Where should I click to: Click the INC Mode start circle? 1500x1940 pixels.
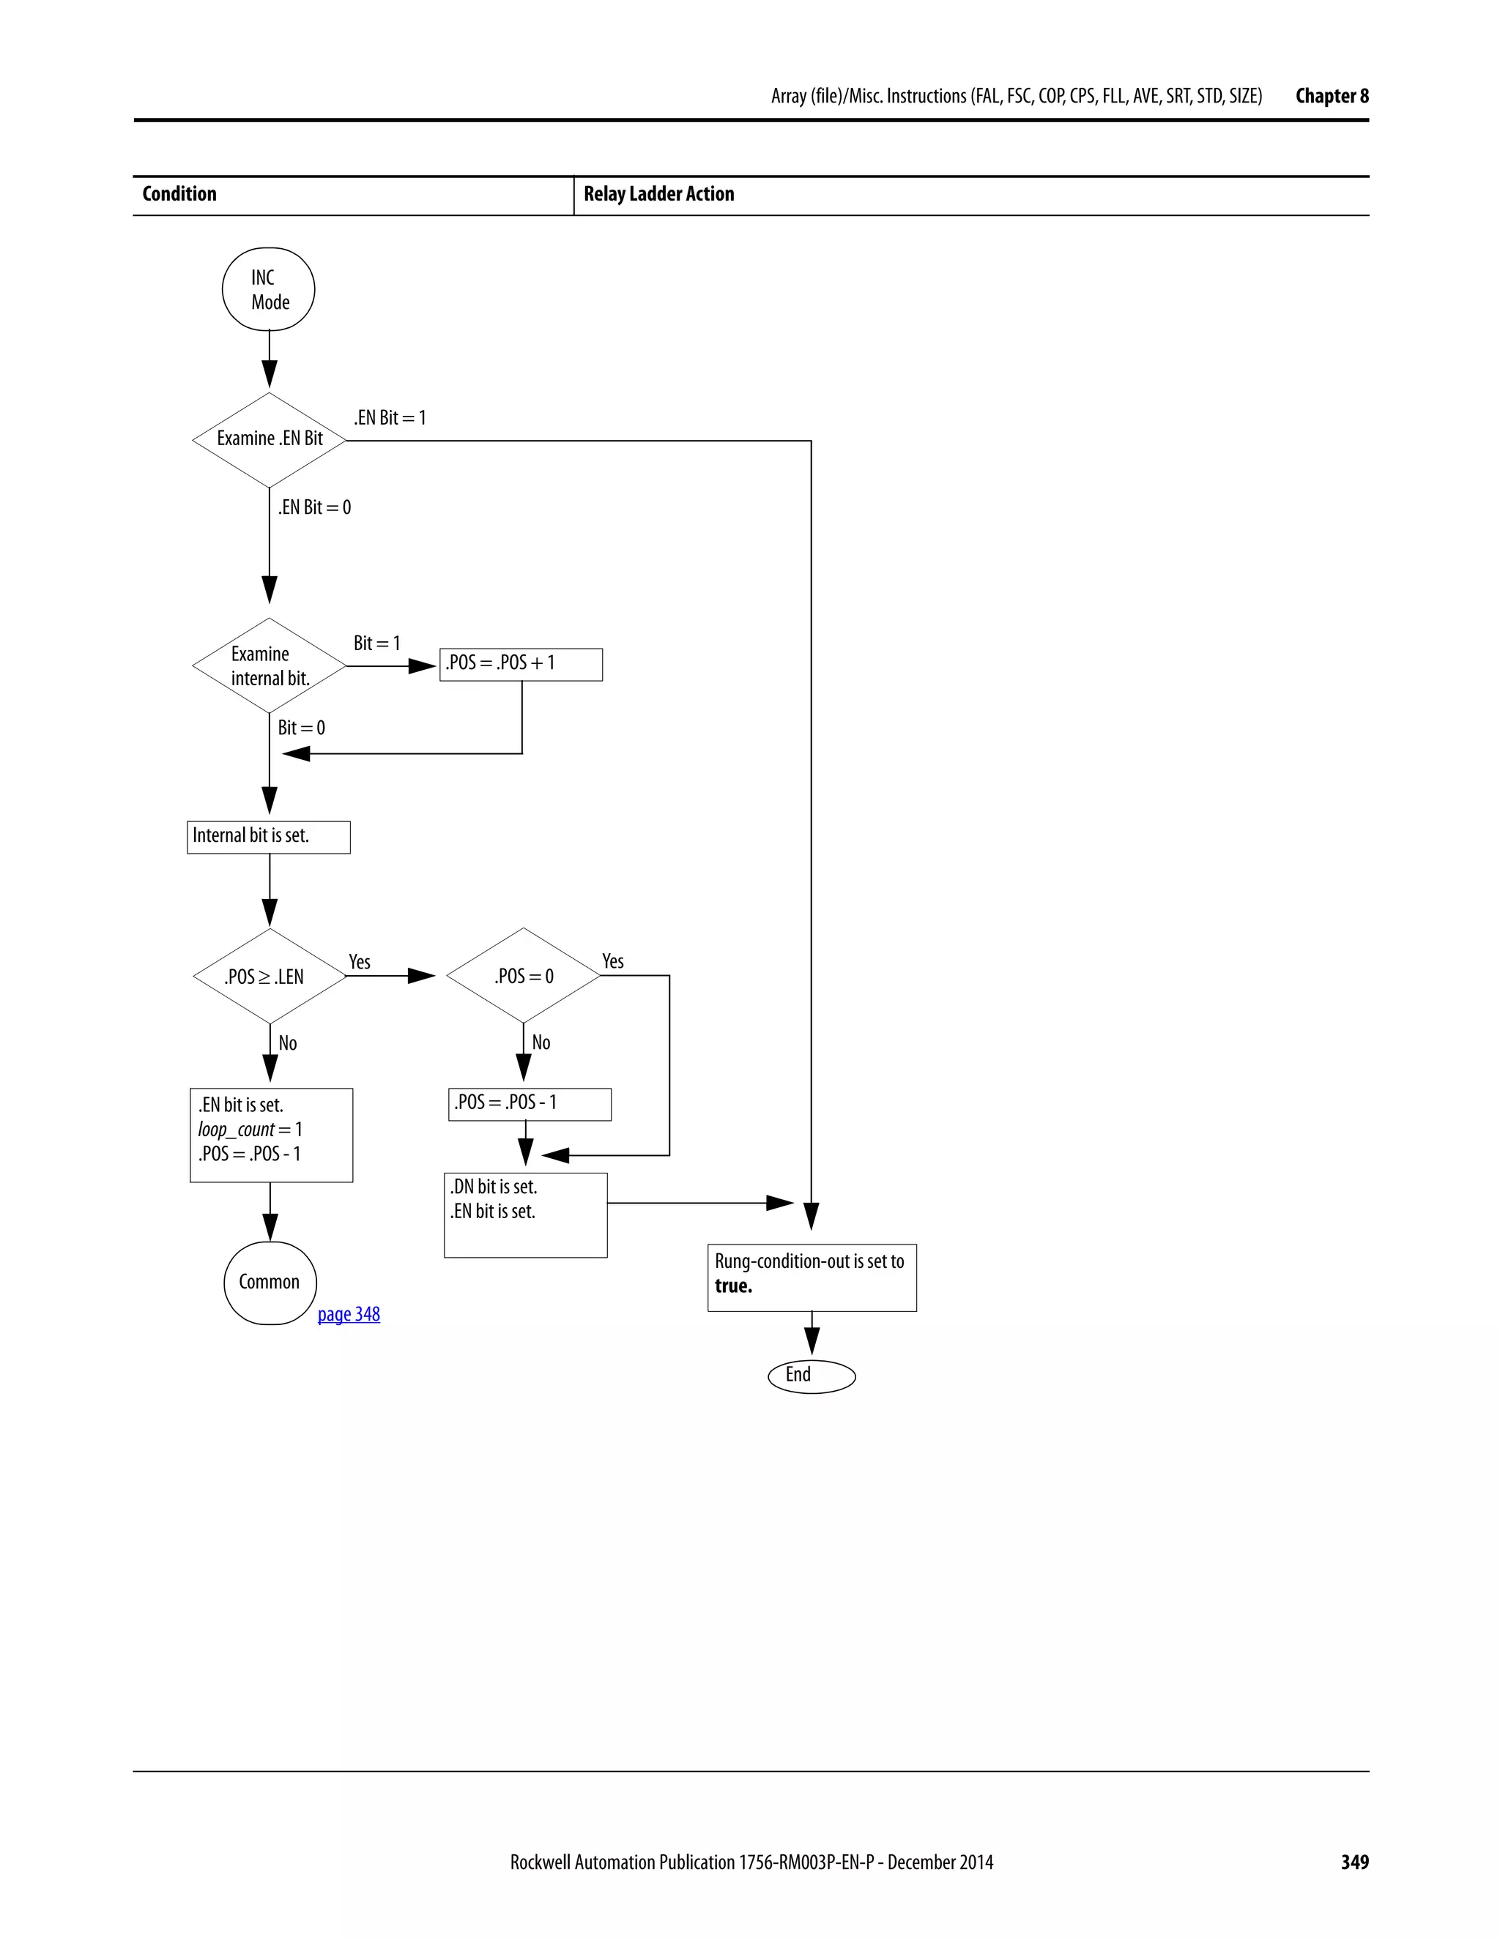tap(268, 290)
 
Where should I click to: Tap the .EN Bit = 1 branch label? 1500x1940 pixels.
tap(390, 417)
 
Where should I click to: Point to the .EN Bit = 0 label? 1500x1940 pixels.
tap(314, 507)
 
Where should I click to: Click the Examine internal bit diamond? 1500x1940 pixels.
tap(270, 665)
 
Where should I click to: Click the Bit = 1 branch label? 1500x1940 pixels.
tap(376, 643)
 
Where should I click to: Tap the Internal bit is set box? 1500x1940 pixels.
tap(268, 837)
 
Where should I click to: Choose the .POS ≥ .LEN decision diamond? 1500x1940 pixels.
tap(270, 976)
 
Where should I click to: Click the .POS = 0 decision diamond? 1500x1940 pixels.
tap(524, 976)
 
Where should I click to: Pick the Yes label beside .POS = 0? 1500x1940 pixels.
tap(613, 961)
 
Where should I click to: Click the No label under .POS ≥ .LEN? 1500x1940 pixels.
tap(288, 1042)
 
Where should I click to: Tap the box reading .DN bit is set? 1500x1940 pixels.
tap(525, 1215)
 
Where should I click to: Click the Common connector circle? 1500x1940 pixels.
tap(270, 1283)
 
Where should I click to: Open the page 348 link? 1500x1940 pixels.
tap(349, 1314)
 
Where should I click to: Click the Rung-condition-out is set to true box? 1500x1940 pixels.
tap(812, 1277)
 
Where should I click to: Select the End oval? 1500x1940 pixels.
tap(812, 1376)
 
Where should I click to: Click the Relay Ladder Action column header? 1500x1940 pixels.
tap(658, 195)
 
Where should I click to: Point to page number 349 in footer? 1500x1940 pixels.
tap(1354, 1862)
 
